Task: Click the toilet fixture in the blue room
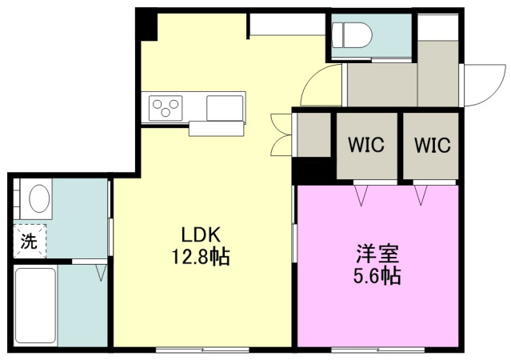click(x=352, y=35)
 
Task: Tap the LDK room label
click(x=201, y=234)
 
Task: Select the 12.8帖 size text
click(x=201, y=257)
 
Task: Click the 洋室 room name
click(x=377, y=254)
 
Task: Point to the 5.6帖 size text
click(x=377, y=276)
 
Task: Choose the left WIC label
click(x=366, y=145)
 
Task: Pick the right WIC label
click(x=433, y=145)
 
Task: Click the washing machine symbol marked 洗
click(x=30, y=242)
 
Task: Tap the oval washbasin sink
click(x=39, y=198)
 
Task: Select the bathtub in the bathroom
click(x=35, y=306)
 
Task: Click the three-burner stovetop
click(x=166, y=108)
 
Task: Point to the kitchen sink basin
click(x=225, y=108)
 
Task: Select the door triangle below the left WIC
click(x=361, y=195)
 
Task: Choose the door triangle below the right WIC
click(x=421, y=195)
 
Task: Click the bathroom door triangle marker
click(x=101, y=273)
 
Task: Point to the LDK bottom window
click(x=202, y=350)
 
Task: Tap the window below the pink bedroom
click(x=377, y=350)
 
